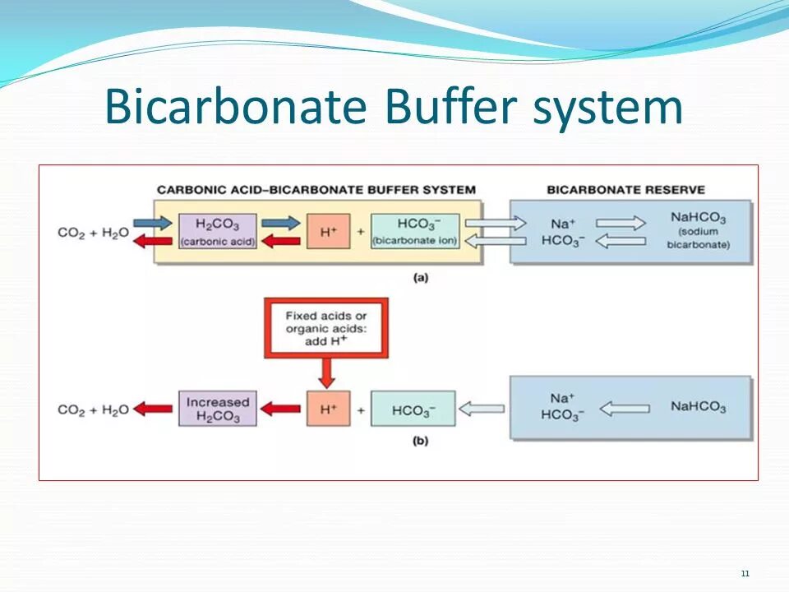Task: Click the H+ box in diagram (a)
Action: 328,231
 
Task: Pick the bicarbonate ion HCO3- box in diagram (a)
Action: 415,231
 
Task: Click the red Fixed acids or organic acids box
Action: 326,328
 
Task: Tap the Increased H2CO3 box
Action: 217,409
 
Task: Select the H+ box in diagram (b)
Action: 328,409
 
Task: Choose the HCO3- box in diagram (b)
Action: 413,409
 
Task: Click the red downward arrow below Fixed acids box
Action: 327,374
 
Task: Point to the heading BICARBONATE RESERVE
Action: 625,190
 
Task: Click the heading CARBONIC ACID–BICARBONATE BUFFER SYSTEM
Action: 316,190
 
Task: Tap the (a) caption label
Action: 421,278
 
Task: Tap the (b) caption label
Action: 421,441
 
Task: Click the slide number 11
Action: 745,573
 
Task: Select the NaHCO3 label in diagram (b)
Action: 698,407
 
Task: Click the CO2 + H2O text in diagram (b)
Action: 93,409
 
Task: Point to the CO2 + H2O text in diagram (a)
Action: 93,233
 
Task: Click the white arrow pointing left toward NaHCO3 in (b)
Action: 625,408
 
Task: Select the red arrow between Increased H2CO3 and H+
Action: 281,409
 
